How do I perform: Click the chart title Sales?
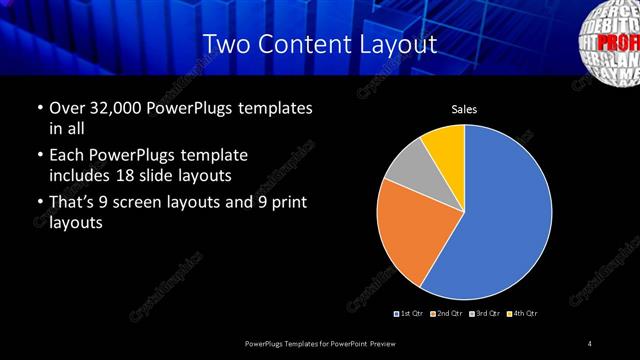[463, 108]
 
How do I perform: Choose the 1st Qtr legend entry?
[411, 314]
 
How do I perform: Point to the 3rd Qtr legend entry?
[484, 314]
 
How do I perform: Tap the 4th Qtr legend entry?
[523, 314]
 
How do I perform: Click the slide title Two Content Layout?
[319, 45]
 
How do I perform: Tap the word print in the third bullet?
[285, 204]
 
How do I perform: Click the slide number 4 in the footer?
[590, 344]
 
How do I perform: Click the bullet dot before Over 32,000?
[38, 108]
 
